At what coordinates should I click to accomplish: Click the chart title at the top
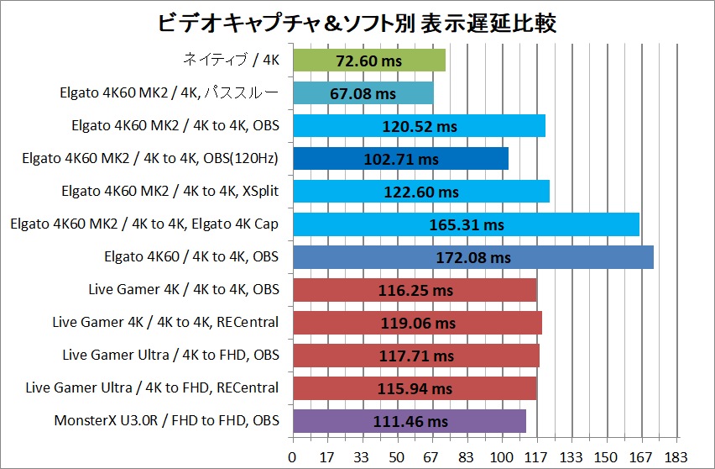pyautogui.click(x=357, y=23)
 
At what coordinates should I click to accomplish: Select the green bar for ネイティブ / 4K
pyautogui.click(x=369, y=61)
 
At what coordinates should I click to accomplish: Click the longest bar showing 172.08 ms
pyautogui.click(x=472, y=257)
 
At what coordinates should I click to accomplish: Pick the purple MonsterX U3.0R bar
pyautogui.click(x=409, y=421)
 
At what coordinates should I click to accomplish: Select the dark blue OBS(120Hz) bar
pyautogui.click(x=400, y=159)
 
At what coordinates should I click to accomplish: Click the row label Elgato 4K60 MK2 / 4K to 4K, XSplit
pyautogui.click(x=170, y=192)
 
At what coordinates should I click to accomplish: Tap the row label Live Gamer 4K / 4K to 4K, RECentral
pyautogui.click(x=165, y=323)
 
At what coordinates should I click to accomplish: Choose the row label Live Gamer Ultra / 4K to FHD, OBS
pyautogui.click(x=170, y=356)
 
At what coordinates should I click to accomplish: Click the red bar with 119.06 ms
pyautogui.click(x=417, y=323)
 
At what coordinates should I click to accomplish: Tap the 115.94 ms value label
pyautogui.click(x=415, y=388)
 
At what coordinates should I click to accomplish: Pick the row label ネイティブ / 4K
pyautogui.click(x=231, y=61)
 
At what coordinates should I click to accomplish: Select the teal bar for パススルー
pyautogui.click(x=363, y=93)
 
